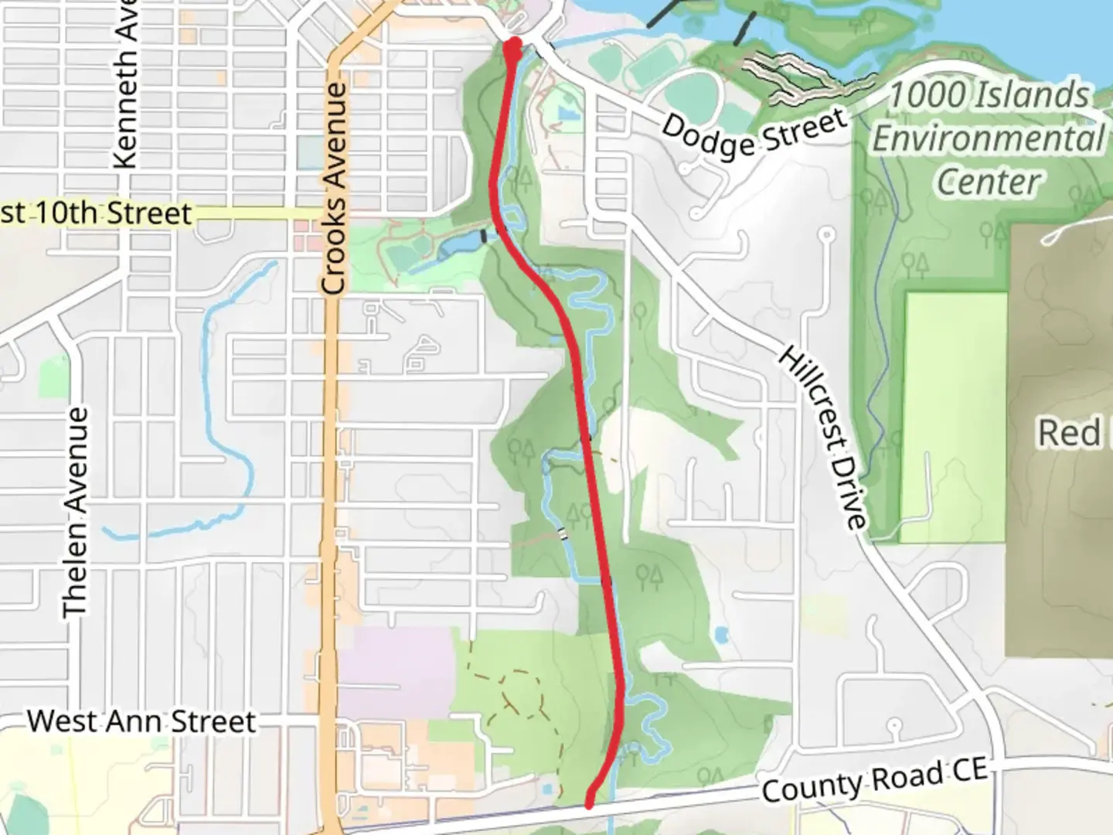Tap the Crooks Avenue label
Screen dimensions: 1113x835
pos(333,189)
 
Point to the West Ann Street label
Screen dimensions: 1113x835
pos(141,721)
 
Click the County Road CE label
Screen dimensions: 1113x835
pos(874,779)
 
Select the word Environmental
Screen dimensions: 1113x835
pos(989,140)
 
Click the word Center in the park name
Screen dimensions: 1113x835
pos(989,182)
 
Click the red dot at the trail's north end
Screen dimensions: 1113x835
pos(513,44)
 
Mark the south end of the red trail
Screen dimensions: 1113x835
pos(590,803)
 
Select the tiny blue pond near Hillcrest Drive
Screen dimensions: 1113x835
pos(722,636)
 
